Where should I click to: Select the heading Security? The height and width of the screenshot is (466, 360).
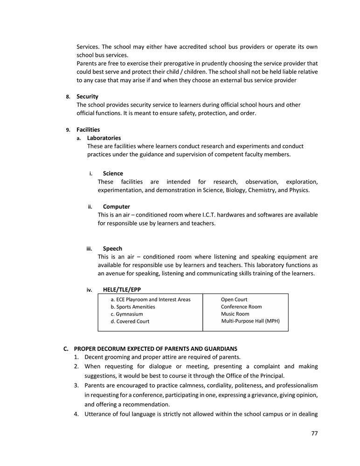(87, 96)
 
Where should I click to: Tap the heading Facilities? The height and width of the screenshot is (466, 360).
(88, 130)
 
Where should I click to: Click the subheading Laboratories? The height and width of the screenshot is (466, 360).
(104, 138)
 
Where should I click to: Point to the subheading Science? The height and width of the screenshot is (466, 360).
(113, 173)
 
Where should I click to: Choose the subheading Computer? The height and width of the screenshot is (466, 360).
(116, 206)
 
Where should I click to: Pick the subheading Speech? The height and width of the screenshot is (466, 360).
(112, 248)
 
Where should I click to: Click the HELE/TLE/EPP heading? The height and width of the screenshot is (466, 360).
(122, 289)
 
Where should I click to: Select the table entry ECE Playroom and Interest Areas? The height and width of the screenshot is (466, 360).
(151, 300)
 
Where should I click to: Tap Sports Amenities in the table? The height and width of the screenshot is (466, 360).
(133, 307)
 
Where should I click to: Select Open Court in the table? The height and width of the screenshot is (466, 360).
(234, 300)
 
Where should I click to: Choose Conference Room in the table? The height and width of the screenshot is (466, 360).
(241, 307)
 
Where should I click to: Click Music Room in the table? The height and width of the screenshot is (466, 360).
(235, 314)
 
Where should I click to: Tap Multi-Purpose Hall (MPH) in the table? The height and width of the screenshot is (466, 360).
(250, 321)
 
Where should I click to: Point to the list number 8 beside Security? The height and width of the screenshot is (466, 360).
(68, 97)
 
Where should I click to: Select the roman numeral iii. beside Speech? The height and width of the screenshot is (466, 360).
(89, 249)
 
